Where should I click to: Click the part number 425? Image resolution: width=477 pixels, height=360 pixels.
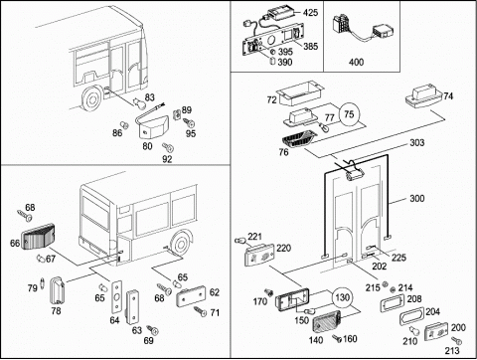tap(310, 13)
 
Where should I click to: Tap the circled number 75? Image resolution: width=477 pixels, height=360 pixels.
tap(349, 114)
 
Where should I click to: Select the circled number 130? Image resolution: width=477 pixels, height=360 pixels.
tap(342, 297)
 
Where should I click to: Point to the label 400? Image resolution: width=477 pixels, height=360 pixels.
tap(356, 62)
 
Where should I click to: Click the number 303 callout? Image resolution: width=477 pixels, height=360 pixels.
tap(417, 142)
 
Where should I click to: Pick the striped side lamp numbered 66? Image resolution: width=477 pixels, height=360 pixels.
tap(38, 237)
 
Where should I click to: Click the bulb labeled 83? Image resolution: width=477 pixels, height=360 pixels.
tap(137, 102)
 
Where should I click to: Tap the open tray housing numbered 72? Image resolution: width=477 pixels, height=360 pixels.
tap(300, 92)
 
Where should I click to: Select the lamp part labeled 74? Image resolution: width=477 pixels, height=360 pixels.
tap(424, 96)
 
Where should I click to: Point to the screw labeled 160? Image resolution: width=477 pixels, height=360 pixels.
tap(337, 338)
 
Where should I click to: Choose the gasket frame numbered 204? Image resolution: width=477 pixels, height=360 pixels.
tap(411, 317)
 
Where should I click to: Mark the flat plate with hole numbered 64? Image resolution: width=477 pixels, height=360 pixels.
tap(116, 297)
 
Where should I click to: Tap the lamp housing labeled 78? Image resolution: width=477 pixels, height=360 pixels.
tap(58, 290)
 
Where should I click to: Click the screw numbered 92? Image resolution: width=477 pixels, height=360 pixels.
tap(168, 147)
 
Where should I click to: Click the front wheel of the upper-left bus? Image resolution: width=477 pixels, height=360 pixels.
tap(91, 98)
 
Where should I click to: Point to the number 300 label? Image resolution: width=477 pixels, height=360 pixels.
tap(417, 198)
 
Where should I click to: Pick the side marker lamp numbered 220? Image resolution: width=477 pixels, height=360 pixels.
tap(259, 256)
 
